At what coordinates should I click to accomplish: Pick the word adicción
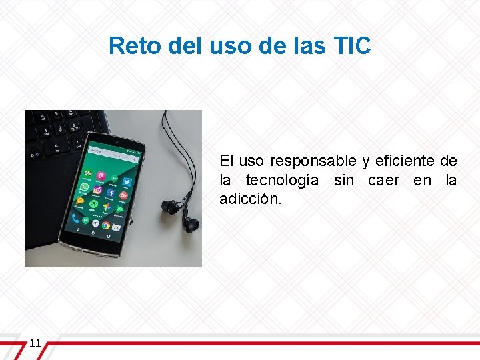tap(251, 199)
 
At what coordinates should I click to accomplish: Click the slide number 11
tap(35, 343)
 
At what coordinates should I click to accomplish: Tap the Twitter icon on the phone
tap(127, 181)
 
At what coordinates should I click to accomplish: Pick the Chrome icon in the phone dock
tap(106, 225)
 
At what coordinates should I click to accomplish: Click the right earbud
tap(191, 223)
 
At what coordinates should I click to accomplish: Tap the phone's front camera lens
tap(117, 142)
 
